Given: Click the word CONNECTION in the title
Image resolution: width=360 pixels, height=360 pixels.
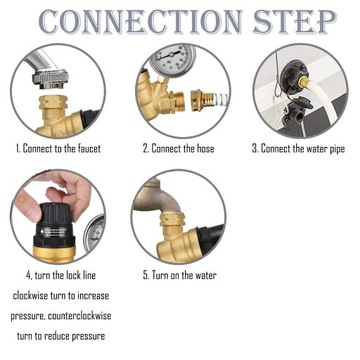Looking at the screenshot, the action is coord(140,21).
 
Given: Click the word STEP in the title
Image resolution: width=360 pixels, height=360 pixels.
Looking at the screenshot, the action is coord(294,21).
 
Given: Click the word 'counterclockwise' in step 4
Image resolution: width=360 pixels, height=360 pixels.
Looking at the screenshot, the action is coord(79,316).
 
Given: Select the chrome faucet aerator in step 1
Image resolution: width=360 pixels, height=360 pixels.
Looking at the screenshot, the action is coord(50,80).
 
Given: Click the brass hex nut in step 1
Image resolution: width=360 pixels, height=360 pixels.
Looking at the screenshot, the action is coord(53,102).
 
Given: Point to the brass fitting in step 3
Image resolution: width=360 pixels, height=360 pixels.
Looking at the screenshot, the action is coord(304,82).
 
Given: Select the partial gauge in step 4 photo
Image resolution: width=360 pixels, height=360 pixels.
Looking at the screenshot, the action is coord(94,233).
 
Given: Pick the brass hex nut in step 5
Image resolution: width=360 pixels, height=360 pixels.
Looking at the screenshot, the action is coord(172,220).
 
